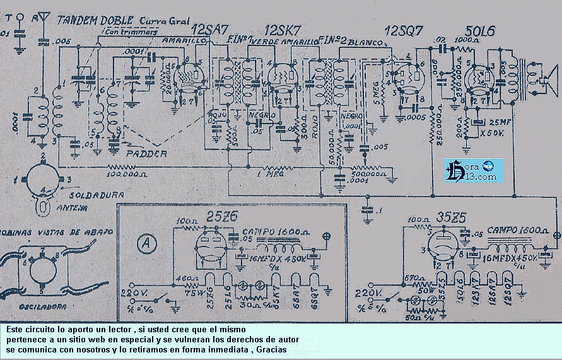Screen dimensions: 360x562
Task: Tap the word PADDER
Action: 146,154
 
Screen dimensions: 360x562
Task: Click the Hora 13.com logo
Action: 473,170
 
